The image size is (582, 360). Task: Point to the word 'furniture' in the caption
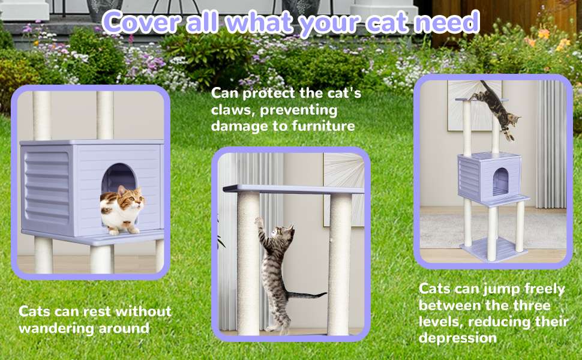(323, 126)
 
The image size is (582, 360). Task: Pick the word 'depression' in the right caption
(458, 338)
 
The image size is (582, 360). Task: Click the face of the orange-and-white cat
(131, 201)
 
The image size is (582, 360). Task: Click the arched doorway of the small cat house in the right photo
(500, 181)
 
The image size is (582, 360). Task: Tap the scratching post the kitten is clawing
(248, 264)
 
